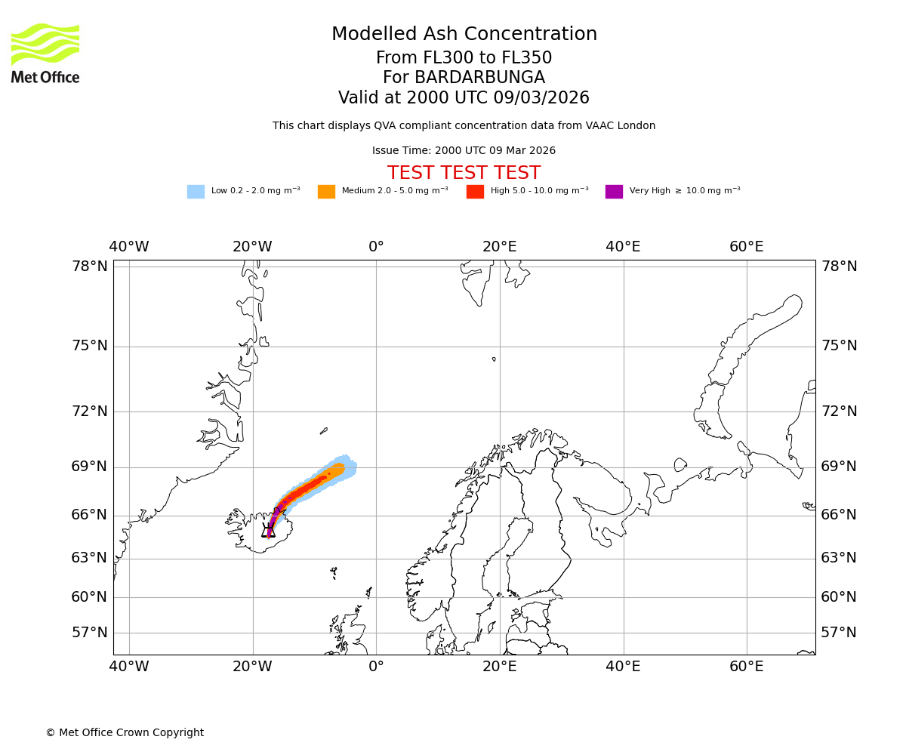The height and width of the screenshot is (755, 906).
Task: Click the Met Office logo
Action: point(45,53)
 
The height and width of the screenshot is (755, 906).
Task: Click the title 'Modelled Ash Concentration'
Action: point(464,35)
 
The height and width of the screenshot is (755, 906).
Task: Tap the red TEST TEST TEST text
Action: point(464,173)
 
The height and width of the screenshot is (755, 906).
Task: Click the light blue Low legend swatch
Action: point(196,192)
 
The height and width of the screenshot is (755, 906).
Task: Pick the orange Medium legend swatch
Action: point(326,192)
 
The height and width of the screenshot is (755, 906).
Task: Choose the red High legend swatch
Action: point(475,192)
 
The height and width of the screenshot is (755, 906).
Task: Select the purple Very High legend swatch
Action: point(614,192)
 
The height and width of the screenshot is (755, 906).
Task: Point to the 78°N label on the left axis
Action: point(90,267)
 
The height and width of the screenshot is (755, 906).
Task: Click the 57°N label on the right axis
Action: point(839,633)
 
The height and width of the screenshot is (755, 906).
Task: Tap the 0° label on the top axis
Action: point(376,247)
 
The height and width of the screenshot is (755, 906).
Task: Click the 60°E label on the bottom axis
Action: point(746,667)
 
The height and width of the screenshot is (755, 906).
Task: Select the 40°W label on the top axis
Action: point(129,247)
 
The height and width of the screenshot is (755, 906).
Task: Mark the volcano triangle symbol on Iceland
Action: point(268,531)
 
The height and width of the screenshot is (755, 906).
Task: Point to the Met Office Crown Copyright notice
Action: point(125,732)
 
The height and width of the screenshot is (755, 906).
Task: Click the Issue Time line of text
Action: point(464,151)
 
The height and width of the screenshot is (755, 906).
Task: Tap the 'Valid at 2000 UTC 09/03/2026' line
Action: point(464,98)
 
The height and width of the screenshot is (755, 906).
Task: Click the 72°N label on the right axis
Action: point(839,411)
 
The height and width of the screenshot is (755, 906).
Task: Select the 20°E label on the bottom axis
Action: point(499,667)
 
